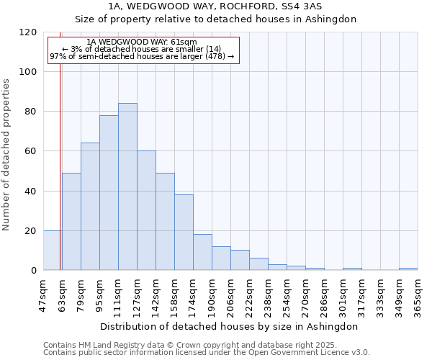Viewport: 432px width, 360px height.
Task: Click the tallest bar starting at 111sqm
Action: coord(127,187)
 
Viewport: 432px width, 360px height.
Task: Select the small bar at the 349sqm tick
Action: coord(408,269)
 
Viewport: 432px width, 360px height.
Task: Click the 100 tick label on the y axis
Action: coord(28,72)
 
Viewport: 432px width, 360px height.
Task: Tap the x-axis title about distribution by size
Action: coord(229,326)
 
